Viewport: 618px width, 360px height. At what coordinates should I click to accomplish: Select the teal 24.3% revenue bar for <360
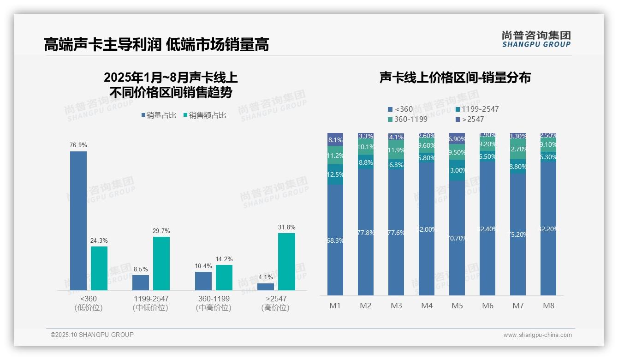coord(99,268)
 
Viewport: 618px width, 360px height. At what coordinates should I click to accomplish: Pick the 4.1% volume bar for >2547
coord(266,287)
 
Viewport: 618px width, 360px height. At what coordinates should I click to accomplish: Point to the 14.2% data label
coord(224,259)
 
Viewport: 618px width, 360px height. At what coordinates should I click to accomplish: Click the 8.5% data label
coord(141,270)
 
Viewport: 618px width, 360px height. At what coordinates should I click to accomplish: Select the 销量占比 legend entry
coord(159,115)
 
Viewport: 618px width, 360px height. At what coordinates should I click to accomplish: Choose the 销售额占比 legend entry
coord(204,115)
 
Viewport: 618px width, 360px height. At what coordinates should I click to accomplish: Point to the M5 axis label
coord(457,306)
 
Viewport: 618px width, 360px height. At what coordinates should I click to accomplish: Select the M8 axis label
coord(548,306)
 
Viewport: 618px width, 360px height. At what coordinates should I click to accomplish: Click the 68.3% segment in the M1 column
coord(335,240)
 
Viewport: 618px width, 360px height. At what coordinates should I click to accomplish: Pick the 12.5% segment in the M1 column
coord(335,174)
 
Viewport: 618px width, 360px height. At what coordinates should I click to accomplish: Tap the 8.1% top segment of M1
coord(335,139)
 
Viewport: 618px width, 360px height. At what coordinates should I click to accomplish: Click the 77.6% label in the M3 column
coord(396,233)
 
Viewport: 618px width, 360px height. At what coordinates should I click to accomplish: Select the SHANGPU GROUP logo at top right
coord(536,39)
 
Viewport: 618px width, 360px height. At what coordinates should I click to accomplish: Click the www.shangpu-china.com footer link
coord(537,335)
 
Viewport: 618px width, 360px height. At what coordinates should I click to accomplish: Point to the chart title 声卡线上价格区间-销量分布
coord(455,78)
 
